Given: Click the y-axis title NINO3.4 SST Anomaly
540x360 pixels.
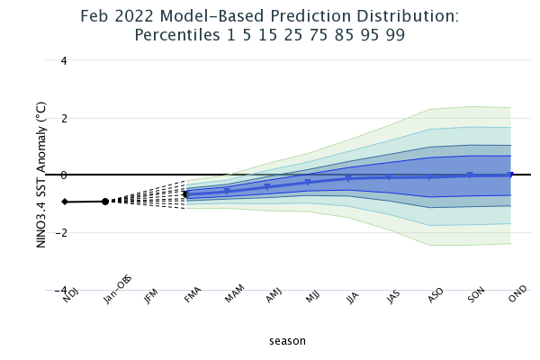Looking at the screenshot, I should point(41,175).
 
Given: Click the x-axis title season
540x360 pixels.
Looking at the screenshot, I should point(287,341).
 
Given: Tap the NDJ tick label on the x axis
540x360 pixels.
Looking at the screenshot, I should point(70,301).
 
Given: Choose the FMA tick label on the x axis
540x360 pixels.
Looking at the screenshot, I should point(192,301).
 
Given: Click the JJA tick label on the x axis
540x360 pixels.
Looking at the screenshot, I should point(353,301).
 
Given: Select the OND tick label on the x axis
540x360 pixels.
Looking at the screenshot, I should point(516,301).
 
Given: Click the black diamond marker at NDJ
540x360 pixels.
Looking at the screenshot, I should point(65,202).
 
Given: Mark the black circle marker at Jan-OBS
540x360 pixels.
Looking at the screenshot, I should point(105,202).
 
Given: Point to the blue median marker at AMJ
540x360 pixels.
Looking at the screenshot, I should point(267,187).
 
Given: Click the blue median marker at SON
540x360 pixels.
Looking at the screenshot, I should point(470,175).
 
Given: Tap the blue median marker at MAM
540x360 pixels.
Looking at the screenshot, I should point(227,191).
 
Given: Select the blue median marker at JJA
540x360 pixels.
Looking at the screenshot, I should point(348,178).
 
